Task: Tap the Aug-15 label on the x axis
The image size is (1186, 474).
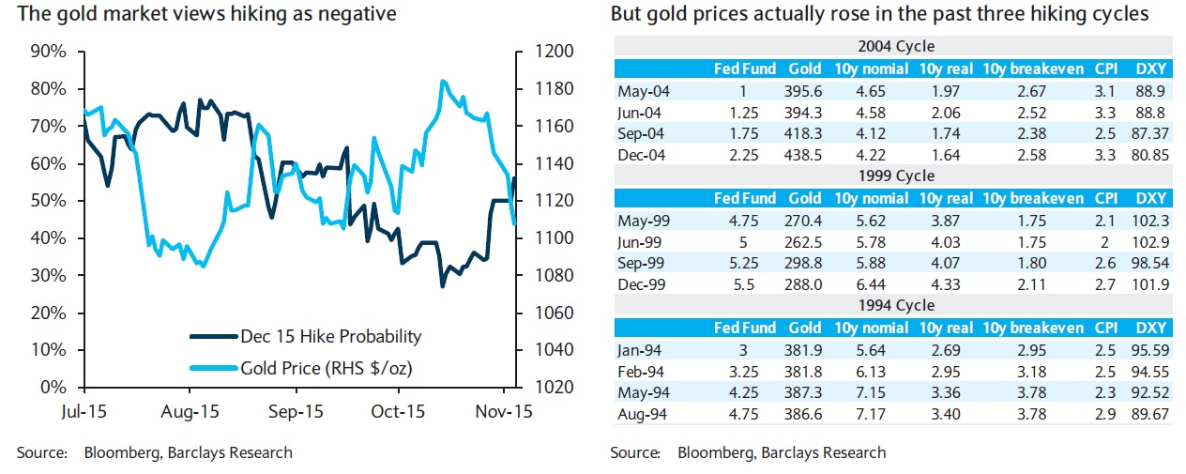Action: [x=190, y=411]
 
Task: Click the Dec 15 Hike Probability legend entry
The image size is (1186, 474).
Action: [x=330, y=336]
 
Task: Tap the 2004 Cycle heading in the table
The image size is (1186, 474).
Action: [x=895, y=46]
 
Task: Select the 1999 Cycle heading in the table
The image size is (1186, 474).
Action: [x=895, y=176]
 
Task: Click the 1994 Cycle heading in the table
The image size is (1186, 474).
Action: [x=895, y=305]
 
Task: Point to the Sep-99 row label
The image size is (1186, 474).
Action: [x=640, y=263]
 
